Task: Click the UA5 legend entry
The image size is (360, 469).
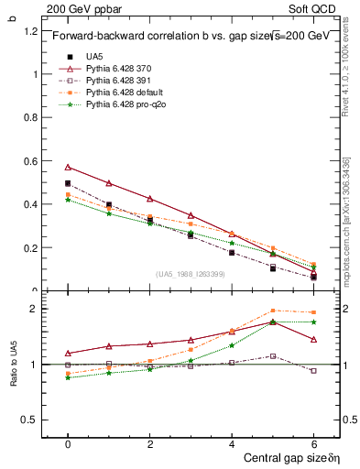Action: coord(94,57)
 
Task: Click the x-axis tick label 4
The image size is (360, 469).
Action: coord(231,443)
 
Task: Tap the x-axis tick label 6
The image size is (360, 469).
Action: coord(313,443)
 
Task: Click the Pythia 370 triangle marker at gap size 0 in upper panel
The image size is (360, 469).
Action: coord(68,167)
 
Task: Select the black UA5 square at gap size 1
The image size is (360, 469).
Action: coord(109,204)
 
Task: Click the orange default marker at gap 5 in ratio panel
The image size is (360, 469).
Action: coord(272,311)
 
